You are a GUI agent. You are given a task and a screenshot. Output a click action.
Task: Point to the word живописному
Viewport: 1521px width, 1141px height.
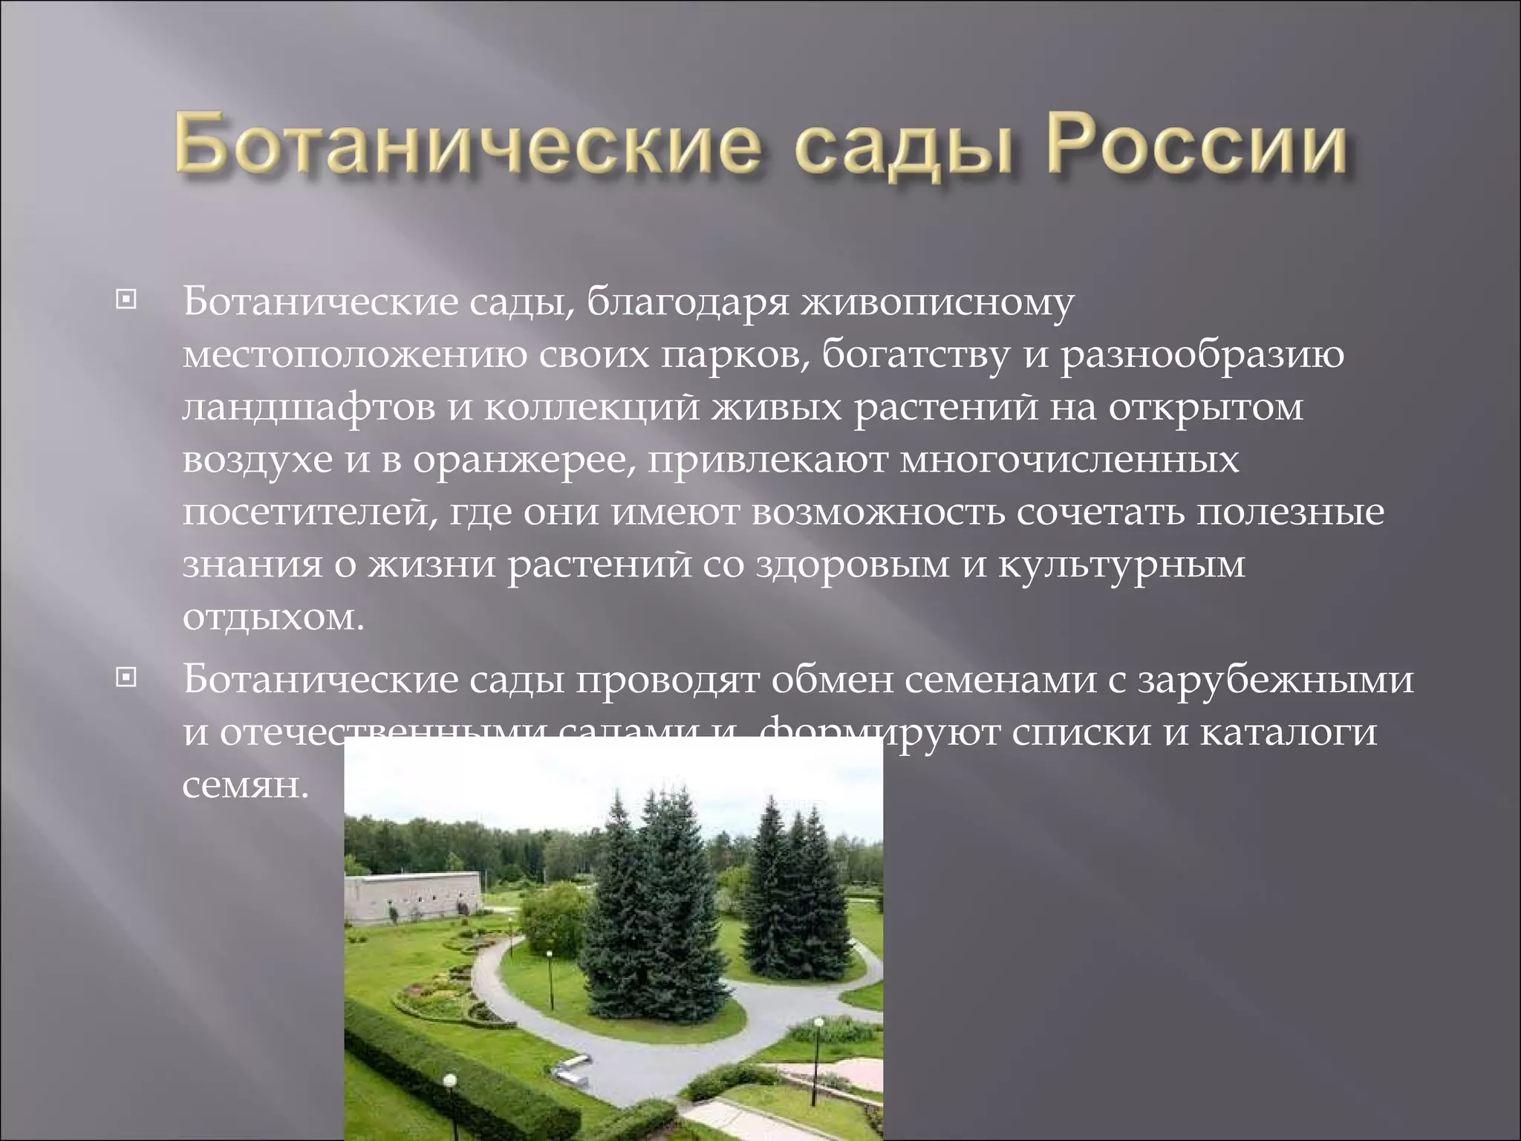(936, 305)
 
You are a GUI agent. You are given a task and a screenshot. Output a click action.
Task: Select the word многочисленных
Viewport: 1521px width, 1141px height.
(1069, 461)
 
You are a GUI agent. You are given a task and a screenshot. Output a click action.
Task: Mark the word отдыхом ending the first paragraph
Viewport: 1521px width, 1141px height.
(273, 617)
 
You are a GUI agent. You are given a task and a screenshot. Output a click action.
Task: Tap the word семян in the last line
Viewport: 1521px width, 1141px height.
(244, 785)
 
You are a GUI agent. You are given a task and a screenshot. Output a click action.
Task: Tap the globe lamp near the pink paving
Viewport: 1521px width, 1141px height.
(819, 1024)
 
